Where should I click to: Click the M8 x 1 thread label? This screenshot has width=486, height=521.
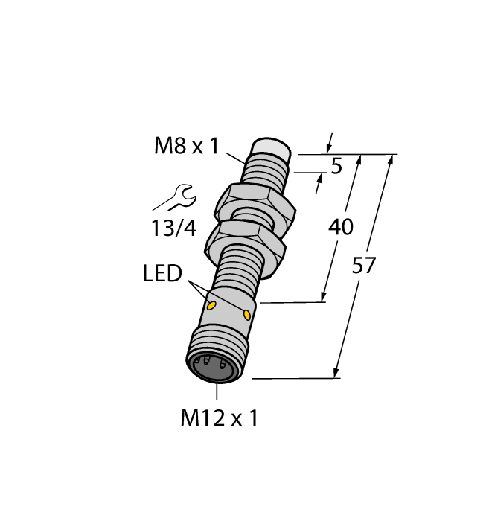coord(186,145)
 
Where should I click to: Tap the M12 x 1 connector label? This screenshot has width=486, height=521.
coord(219,418)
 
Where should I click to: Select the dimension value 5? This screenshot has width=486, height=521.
coord(336,167)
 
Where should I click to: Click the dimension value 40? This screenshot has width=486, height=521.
coord(341,227)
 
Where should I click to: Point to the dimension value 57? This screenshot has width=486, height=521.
coord(364,265)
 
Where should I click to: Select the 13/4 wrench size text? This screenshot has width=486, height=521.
coord(173,228)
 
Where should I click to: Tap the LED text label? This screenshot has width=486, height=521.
coord(162,274)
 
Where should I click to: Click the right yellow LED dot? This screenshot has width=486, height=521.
coord(246,316)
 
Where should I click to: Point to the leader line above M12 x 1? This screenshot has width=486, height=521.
coord(217,394)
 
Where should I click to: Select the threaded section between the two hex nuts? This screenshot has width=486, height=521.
coord(250,220)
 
